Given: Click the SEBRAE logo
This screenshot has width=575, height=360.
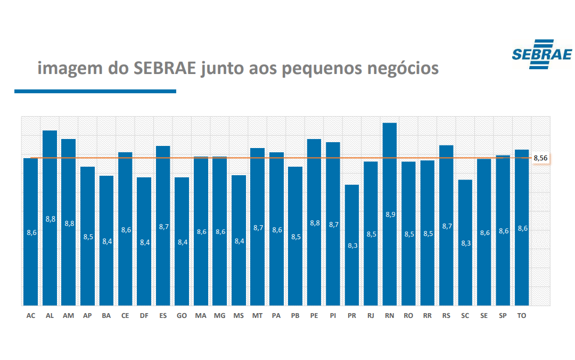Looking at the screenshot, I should point(541,54).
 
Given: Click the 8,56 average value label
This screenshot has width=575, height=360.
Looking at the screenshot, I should point(540,158).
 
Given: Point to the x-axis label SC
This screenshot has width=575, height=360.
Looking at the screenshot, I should point(465,316).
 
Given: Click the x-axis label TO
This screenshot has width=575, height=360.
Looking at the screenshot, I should point(522,316).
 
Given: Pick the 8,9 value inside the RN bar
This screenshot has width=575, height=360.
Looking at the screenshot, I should point(390,214).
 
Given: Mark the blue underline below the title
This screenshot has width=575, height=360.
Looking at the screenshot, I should point(95,92).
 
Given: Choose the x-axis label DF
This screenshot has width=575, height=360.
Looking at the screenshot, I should point(144,316).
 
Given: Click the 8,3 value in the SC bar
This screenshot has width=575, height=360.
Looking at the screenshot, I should point(465,243).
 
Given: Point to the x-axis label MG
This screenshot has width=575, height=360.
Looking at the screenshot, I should point(219,316).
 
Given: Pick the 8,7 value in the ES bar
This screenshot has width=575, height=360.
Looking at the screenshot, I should point(163,226).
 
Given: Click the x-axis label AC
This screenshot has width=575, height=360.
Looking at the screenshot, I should point(31,316).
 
